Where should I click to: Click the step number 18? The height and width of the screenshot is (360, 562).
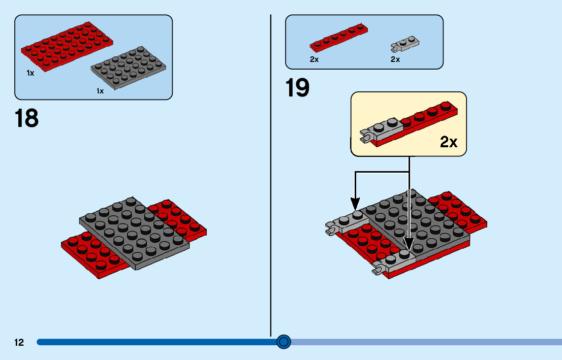[x=27, y=118]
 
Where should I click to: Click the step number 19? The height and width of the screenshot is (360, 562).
[x=298, y=87]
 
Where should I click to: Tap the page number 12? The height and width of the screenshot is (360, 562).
[x=19, y=343]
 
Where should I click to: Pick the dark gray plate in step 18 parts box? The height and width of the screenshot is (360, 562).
[x=129, y=70]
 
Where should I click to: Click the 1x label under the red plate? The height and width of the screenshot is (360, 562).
[x=30, y=73]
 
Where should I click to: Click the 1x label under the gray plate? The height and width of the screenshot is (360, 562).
[x=100, y=91]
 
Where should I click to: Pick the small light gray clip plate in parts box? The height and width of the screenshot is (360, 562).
[x=405, y=45]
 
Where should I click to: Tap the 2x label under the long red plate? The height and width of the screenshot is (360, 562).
[x=314, y=59]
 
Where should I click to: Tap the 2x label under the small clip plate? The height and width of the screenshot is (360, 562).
[x=395, y=59]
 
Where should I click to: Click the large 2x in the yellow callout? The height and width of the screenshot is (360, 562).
[x=449, y=142]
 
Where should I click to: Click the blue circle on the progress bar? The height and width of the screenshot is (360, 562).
[x=284, y=342]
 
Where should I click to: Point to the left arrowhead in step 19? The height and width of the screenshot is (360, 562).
[x=355, y=206]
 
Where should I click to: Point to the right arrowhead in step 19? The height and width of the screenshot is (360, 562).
[x=409, y=245]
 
